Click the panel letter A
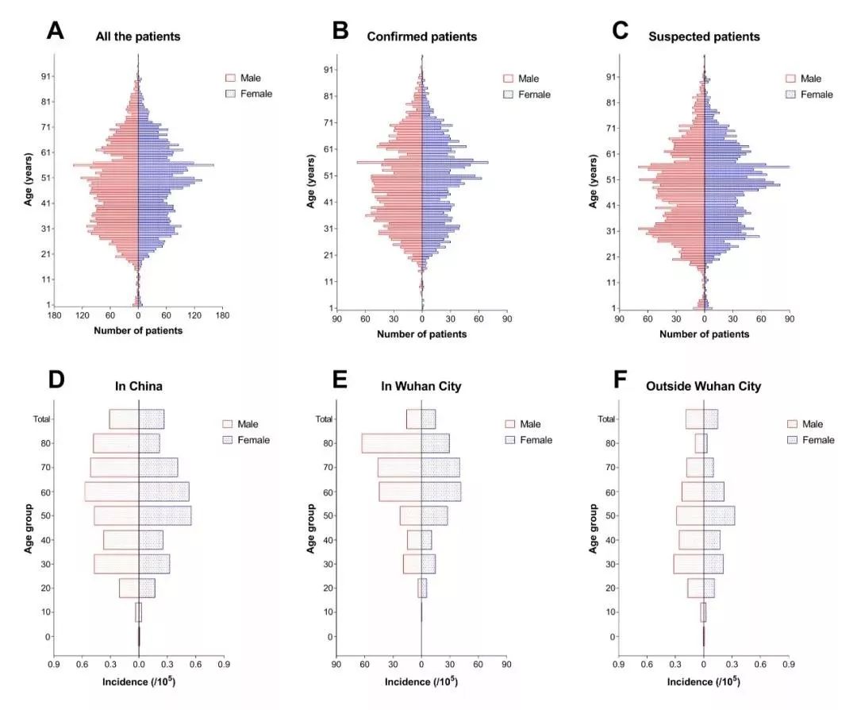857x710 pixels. click(x=55, y=31)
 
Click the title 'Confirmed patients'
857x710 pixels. click(x=421, y=37)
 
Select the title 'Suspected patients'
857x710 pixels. click(x=704, y=37)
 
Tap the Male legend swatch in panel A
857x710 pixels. click(x=231, y=78)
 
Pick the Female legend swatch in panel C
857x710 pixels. click(x=791, y=95)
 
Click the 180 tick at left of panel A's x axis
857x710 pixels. click(x=54, y=316)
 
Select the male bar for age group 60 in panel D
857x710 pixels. click(x=112, y=492)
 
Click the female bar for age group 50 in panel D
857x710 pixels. click(x=165, y=515)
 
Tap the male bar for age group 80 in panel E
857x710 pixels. click(x=391, y=443)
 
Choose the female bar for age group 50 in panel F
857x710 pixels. click(x=719, y=515)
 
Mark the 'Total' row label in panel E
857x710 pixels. click(x=323, y=419)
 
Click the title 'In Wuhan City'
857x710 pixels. click(x=421, y=386)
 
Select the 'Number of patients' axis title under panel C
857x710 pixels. click(x=704, y=334)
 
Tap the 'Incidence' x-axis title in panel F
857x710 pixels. click(x=704, y=681)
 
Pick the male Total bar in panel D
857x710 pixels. click(x=124, y=419)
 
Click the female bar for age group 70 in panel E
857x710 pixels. click(x=440, y=467)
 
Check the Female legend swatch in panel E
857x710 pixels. click(x=510, y=440)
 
